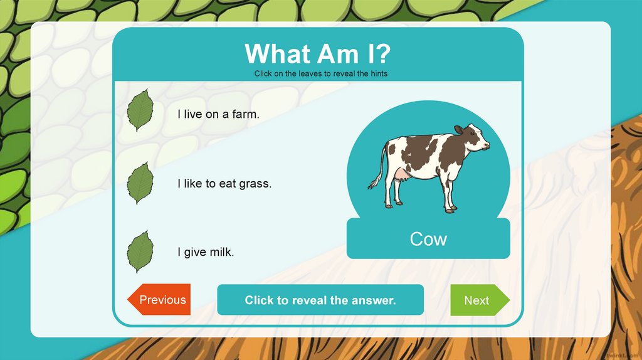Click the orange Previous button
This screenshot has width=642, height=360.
(160, 300)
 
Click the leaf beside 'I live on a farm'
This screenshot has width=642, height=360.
(140, 110)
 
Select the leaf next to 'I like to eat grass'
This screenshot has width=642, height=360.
(140, 183)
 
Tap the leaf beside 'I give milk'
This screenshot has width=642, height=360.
(140, 252)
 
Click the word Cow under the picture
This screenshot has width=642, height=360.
(428, 239)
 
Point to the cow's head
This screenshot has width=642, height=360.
(475, 138)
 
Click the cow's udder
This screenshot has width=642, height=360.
(401, 179)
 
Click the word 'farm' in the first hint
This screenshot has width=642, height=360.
(245, 115)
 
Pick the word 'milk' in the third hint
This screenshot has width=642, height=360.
(221, 253)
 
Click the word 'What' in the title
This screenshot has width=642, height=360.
(278, 54)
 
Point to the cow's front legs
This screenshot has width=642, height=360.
(449, 191)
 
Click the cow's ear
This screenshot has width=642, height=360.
(459, 130)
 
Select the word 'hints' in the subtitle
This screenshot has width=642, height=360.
(378, 73)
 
